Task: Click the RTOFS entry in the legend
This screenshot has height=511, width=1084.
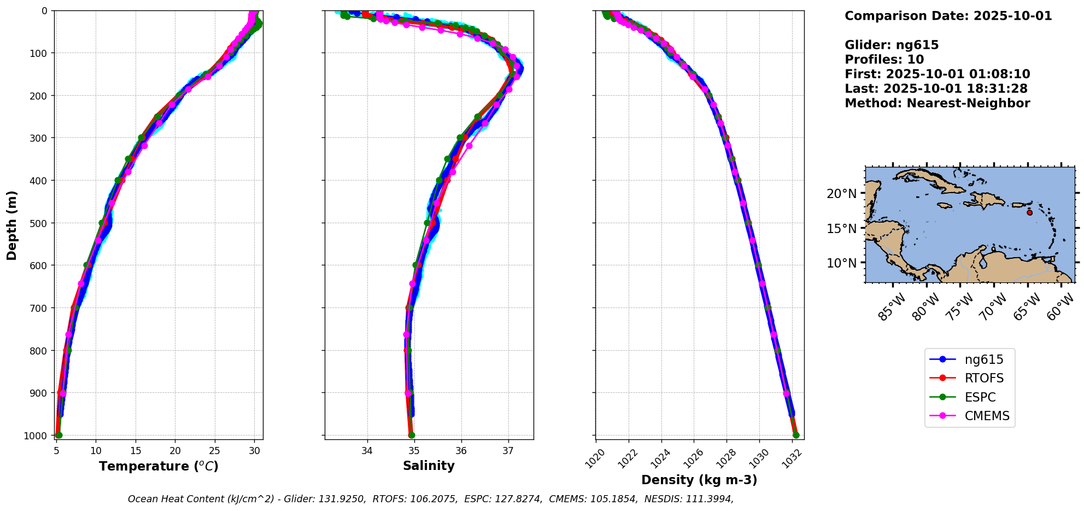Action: click(x=984, y=379)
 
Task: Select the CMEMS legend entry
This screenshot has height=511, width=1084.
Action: click(x=987, y=416)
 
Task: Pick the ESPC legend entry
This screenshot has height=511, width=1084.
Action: click(x=980, y=398)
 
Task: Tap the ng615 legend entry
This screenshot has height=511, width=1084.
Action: click(x=984, y=360)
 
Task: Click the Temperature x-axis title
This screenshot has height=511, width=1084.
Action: click(x=159, y=466)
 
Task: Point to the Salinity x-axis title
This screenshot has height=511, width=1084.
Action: click(x=429, y=466)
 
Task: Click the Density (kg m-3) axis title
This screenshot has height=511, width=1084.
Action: click(x=699, y=480)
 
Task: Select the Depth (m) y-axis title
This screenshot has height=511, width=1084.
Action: click(x=12, y=225)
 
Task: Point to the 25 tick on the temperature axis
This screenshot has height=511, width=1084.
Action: click(x=215, y=451)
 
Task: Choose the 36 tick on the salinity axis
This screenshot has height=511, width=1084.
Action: click(x=461, y=451)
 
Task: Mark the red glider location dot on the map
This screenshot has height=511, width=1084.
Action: click(x=1030, y=212)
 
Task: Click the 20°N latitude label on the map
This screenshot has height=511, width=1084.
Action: click(x=841, y=194)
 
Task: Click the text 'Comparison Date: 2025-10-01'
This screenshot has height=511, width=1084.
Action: click(x=948, y=16)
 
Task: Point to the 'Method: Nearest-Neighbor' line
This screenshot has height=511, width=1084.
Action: click(x=937, y=103)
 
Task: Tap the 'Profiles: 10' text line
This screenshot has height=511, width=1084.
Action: click(x=884, y=60)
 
